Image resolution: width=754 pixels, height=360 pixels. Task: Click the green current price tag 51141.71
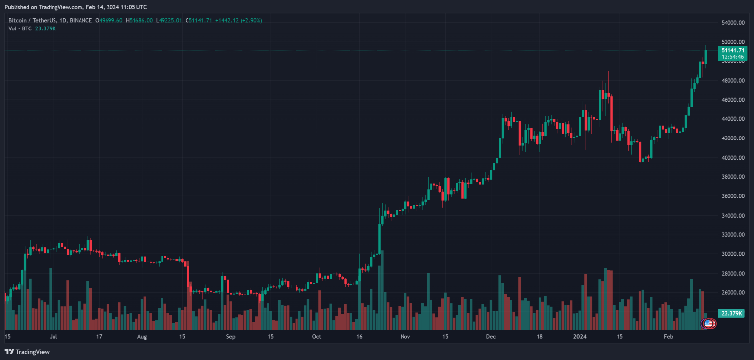tap(732, 50)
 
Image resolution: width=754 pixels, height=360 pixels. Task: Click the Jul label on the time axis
tap(54, 337)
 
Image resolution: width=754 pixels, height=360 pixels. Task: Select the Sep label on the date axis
tap(231, 337)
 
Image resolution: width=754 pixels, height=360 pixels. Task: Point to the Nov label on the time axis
tap(405, 337)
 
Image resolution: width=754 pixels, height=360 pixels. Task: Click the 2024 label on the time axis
tap(580, 337)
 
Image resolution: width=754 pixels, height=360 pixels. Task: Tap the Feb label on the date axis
tap(668, 337)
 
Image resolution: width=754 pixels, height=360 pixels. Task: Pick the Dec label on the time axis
tap(491, 337)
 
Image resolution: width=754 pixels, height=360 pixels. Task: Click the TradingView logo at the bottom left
tap(27, 352)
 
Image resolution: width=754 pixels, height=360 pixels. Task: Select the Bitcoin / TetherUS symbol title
tap(35, 20)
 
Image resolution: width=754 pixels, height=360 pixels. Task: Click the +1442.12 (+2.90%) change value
tap(239, 20)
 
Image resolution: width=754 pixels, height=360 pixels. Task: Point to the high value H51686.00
tap(139, 20)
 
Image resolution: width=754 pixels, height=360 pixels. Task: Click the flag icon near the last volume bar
tap(708, 323)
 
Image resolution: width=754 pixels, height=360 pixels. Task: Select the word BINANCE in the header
tap(81, 20)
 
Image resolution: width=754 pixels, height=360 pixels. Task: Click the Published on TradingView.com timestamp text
tap(76, 7)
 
